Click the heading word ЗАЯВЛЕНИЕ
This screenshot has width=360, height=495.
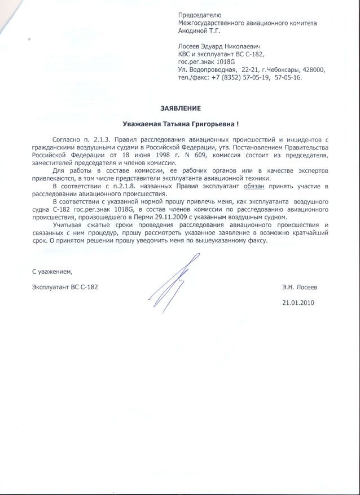tap(179, 107)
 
